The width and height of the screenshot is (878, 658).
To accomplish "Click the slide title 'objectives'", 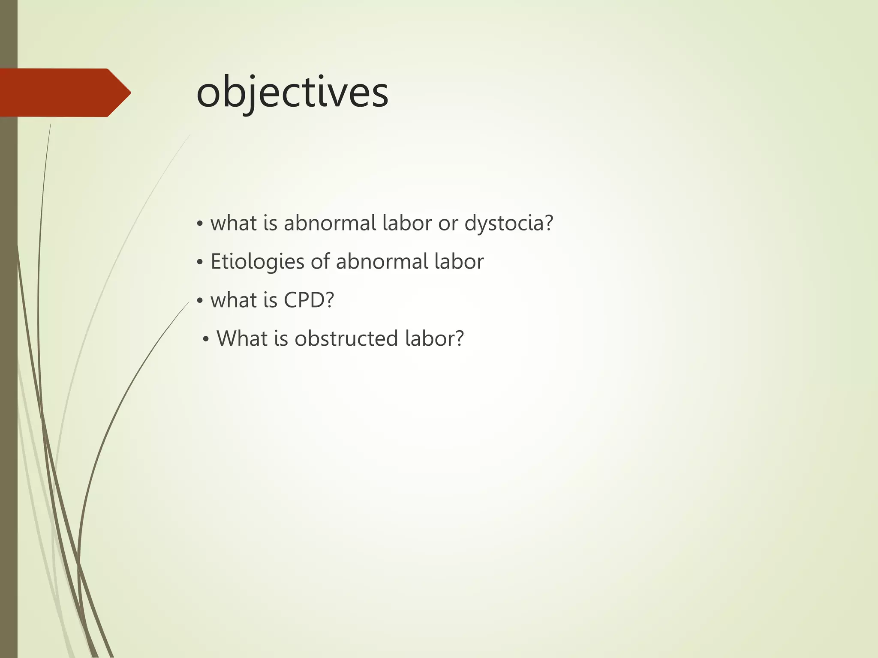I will [x=292, y=93].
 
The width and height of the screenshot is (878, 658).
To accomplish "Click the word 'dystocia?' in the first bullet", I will [x=509, y=223].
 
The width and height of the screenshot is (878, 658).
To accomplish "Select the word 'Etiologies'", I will [x=257, y=262].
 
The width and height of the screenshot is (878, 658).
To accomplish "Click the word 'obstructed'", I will [x=346, y=338].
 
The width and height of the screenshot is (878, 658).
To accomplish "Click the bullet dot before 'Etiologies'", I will [x=199, y=263].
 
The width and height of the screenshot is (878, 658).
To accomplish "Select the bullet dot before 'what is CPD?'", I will [x=199, y=301].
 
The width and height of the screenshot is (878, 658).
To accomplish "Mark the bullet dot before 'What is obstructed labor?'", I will [x=206, y=340].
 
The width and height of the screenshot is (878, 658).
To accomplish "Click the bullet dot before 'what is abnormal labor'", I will [x=199, y=224].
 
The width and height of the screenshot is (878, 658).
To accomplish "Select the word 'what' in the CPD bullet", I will [x=233, y=300].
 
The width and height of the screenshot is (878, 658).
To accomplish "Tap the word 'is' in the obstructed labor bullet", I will [x=280, y=338].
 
